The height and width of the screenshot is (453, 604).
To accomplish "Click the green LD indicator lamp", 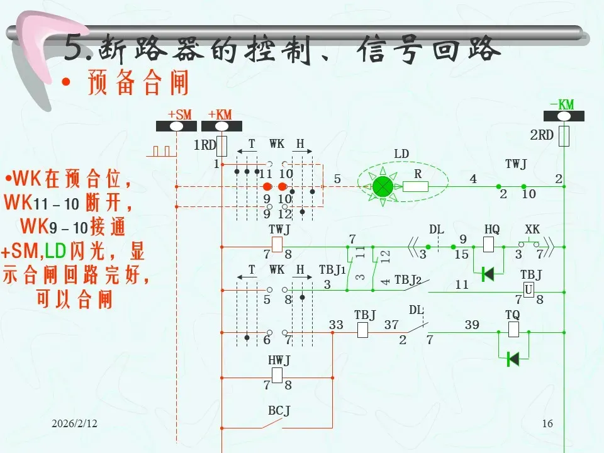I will pos(382,186).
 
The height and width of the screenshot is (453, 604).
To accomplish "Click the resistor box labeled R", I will pos(415,186).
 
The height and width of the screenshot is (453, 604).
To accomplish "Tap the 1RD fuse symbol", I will pos(221,146).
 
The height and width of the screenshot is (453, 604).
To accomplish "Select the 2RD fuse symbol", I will pos(564,135).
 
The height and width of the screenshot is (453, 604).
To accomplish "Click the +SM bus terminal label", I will pos(179,115).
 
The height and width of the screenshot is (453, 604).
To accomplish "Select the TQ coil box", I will pos(513,329).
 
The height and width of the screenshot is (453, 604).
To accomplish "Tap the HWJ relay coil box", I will pos(277,376).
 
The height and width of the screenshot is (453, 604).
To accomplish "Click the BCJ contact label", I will pos(279,411).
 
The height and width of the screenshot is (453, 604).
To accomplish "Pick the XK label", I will pos(532,230).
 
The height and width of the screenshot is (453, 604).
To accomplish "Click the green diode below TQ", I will pos(513,359).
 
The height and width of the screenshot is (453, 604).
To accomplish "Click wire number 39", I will pos(472,325).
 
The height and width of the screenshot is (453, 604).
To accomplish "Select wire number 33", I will pos(336,325).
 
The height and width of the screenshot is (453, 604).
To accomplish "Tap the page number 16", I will pos(547,424).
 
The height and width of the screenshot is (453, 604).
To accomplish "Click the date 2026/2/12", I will pos(75,424).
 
